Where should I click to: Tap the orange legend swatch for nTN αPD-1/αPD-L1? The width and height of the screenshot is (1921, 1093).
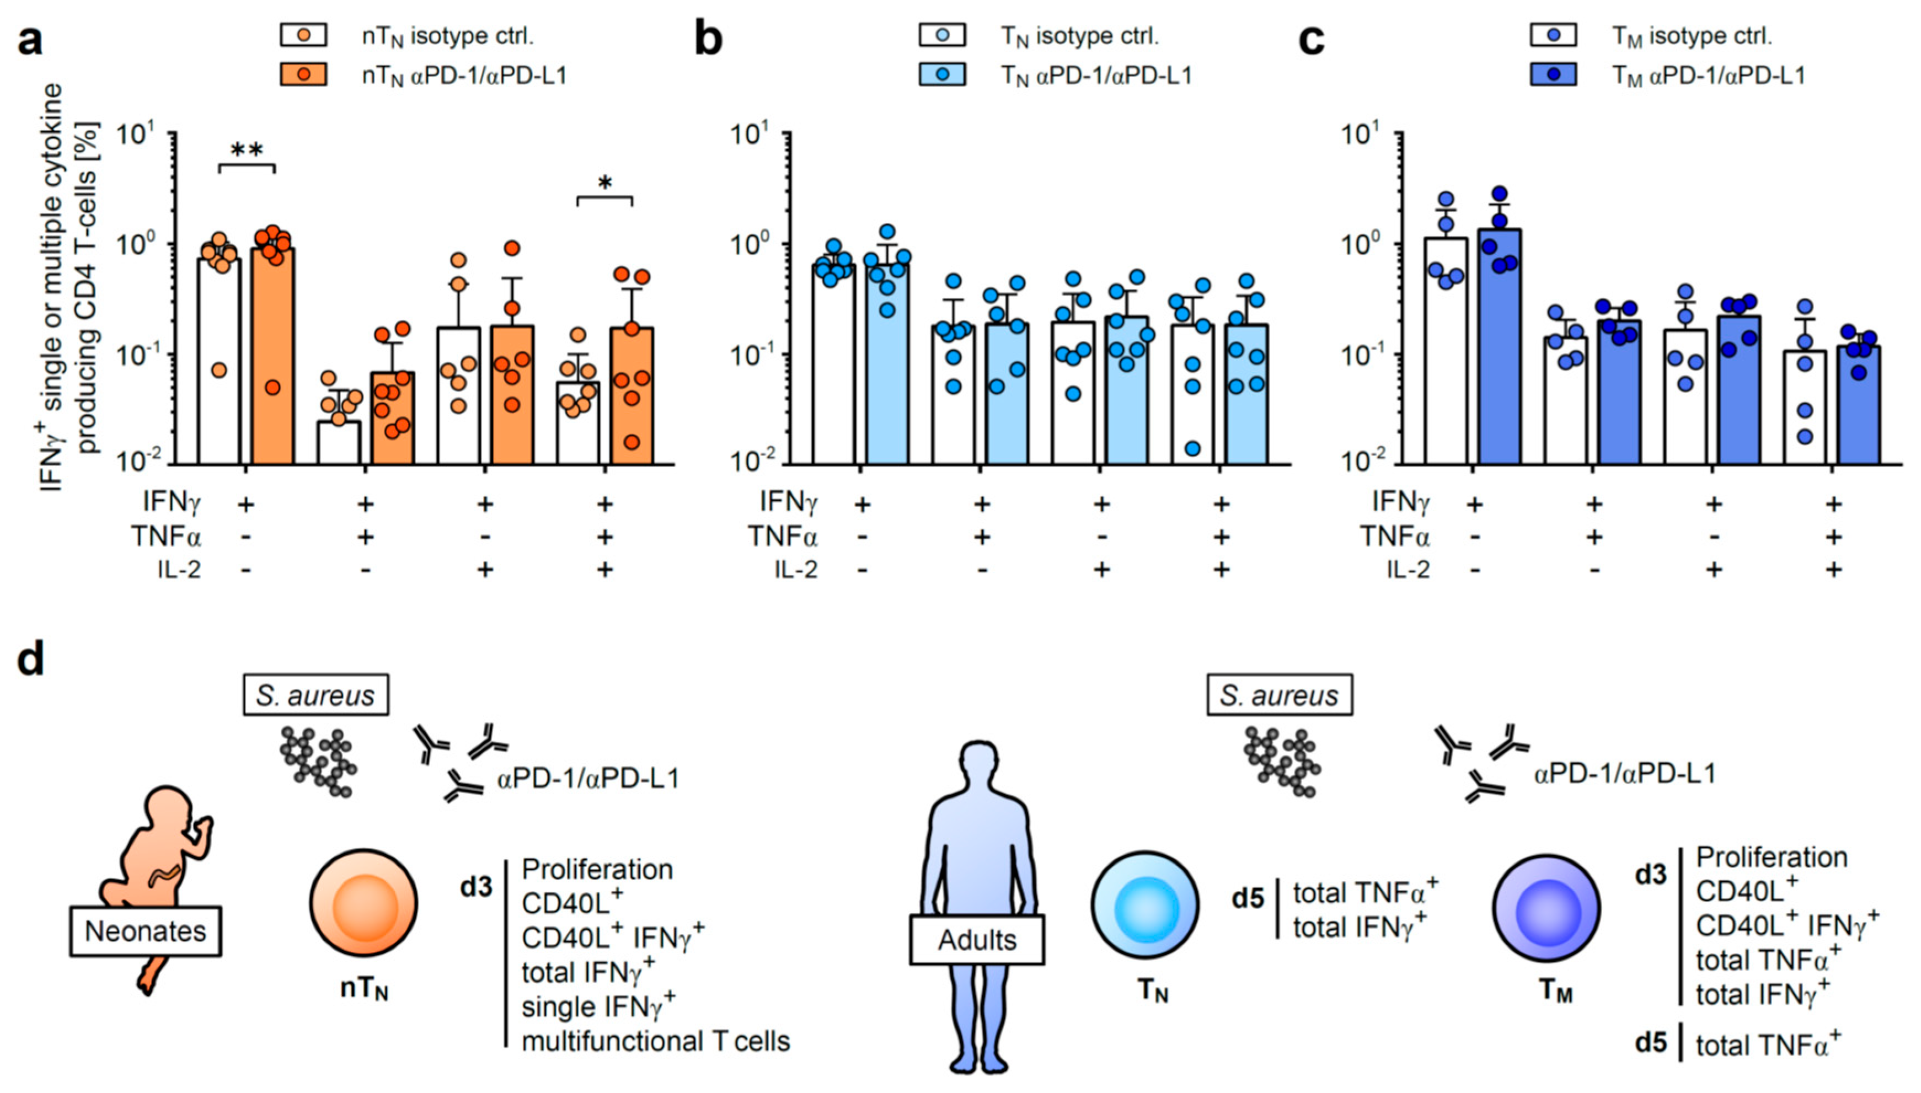pos(303,75)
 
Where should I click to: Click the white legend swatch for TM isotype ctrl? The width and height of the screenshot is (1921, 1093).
pos(1553,35)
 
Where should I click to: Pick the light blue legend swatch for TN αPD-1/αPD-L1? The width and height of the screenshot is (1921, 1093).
pos(942,75)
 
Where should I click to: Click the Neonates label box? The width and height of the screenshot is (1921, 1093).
pos(146,931)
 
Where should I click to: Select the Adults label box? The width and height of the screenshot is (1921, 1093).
pos(977,940)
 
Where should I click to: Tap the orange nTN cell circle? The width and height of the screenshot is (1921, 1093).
pos(364,904)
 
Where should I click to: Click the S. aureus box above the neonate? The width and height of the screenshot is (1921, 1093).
pos(315,695)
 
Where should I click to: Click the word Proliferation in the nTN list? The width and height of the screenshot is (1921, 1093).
pos(597,869)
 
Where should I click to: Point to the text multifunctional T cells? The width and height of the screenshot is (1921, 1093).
pos(655,1041)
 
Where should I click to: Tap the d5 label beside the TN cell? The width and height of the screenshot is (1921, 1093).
pos(1248,898)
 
